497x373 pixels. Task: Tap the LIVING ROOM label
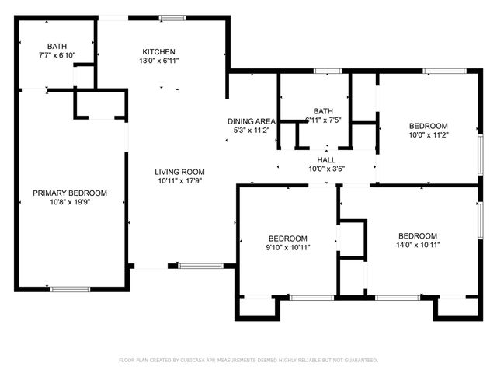pos(179,172)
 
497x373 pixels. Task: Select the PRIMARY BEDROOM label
pos(70,193)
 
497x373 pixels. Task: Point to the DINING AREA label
pos(252,121)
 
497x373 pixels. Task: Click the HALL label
pos(326,159)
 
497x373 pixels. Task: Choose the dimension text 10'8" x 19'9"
pos(70,202)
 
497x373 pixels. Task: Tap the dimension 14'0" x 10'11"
pos(418,245)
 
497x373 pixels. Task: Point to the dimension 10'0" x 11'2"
pos(429,135)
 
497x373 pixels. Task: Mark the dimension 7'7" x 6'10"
pos(57,55)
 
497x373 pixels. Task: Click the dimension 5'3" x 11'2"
pos(252,131)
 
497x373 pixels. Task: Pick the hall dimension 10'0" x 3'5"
pos(326,168)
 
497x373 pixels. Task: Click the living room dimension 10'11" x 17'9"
pos(179,181)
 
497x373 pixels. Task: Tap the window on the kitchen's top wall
pos(172,17)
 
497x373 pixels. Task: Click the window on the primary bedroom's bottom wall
pos(70,289)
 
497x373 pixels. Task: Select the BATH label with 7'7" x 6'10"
pos(57,46)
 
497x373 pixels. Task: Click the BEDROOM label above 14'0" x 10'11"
pos(418,235)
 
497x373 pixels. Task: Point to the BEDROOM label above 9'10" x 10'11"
pos(288,239)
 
